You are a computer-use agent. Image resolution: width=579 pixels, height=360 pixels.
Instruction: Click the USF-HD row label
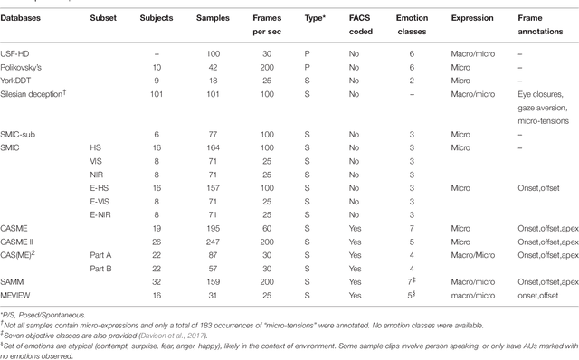(20, 55)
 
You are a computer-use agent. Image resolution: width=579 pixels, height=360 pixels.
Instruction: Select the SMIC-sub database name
(24, 133)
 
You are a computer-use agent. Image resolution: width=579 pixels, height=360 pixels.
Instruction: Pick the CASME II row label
(24, 242)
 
